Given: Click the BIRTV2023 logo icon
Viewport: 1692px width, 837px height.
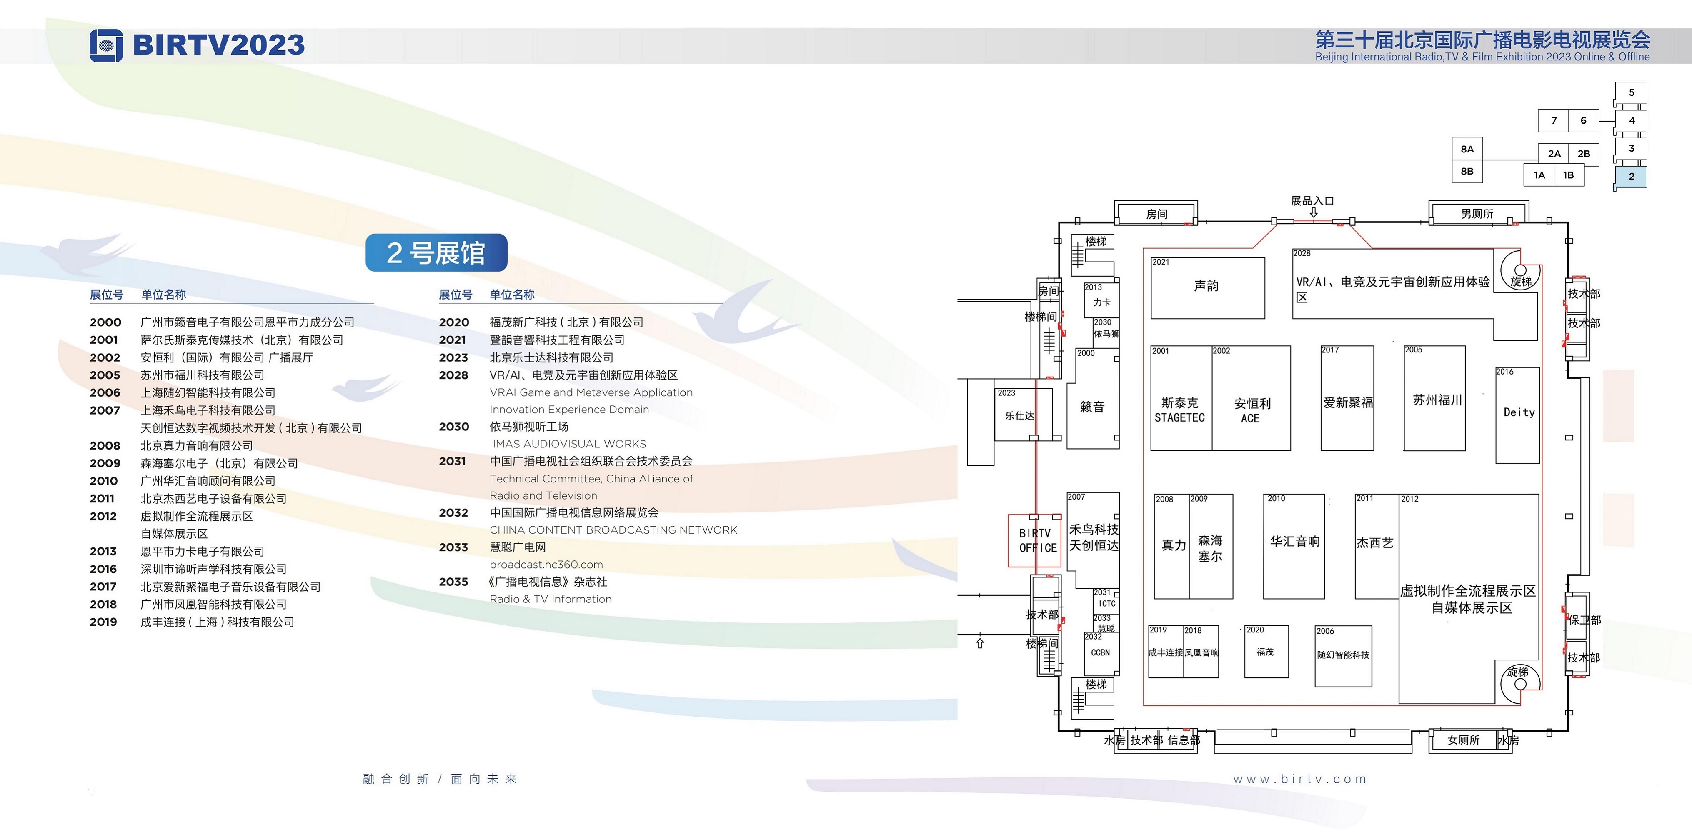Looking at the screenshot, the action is tap(106, 45).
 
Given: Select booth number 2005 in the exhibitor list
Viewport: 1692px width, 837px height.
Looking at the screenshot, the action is tap(105, 375).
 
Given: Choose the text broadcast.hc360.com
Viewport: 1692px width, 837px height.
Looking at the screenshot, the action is tap(546, 565).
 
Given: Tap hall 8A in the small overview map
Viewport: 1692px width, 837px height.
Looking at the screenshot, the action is tap(1467, 149).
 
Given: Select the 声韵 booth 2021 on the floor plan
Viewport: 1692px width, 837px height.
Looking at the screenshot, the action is tap(1207, 287).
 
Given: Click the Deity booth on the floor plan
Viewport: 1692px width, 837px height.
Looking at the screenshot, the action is tap(1517, 415).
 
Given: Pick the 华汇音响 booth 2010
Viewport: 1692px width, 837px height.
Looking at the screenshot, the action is tap(1294, 546).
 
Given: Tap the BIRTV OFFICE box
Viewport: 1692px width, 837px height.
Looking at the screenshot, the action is tap(1035, 540).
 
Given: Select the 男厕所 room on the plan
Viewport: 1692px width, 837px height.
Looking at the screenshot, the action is tap(1477, 213).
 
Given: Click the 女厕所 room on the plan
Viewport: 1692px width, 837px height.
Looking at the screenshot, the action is tap(1464, 740).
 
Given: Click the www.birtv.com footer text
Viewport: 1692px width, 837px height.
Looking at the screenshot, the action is tap(1299, 779).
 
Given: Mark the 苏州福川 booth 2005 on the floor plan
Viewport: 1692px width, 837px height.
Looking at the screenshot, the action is tap(1434, 398).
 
